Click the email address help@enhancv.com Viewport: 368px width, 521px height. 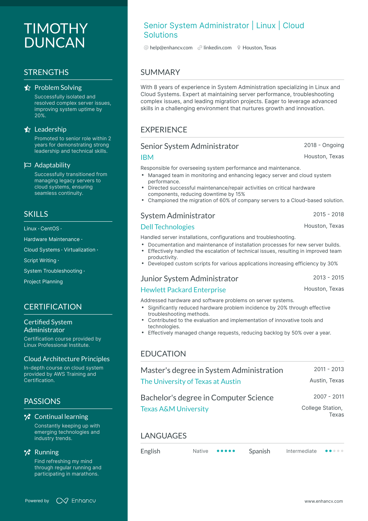pyautogui.click(x=171, y=48)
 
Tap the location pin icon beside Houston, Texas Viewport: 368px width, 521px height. pyautogui.click(x=239, y=48)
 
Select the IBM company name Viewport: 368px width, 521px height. pyautogui.click(x=147, y=157)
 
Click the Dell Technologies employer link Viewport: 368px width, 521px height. pyautogui.click(x=167, y=227)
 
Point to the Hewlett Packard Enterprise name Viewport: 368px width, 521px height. pyautogui.click(x=183, y=290)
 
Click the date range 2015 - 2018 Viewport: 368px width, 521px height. pyautogui.click(x=328, y=214)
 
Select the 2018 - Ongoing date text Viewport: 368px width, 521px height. pyautogui.click(x=324, y=145)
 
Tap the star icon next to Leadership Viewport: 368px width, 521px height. pyautogui.click(x=27, y=130)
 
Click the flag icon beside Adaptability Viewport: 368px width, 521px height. pyautogui.click(x=27, y=165)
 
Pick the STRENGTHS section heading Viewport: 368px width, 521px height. pyautogui.click(x=46, y=72)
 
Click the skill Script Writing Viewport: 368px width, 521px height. pyautogui.click(x=40, y=261)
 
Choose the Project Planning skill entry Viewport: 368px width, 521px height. pyautogui.click(x=43, y=282)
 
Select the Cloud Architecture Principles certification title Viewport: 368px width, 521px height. pyautogui.click(x=67, y=359)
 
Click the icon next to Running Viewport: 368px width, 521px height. pyautogui.click(x=27, y=452)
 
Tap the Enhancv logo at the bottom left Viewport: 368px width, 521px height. pyautogui.click(x=76, y=501)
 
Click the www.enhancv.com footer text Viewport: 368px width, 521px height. pyautogui.click(x=323, y=501)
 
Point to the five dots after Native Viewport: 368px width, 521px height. pyautogui.click(x=226, y=451)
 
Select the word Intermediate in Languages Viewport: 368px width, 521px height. pyautogui.click(x=301, y=451)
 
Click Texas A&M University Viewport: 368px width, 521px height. pyautogui.click(x=174, y=409)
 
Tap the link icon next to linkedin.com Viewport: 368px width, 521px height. pyautogui.click(x=200, y=48)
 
